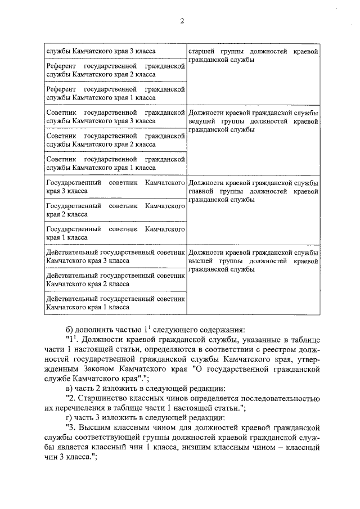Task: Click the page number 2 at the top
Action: (182, 21)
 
